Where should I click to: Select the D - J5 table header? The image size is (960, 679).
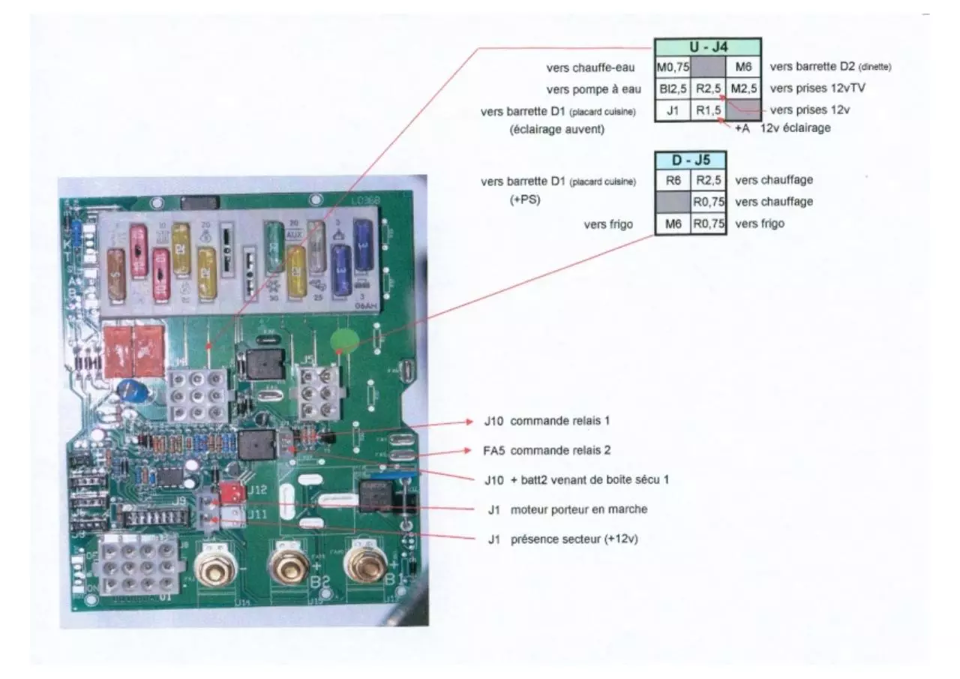click(689, 160)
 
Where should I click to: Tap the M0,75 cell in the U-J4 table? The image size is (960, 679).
click(672, 68)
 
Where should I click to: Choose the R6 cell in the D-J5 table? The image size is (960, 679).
click(672, 180)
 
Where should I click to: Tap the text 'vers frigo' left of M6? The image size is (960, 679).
click(610, 224)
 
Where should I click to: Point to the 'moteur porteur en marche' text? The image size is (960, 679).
click(578, 509)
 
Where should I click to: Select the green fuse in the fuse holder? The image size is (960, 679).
click(274, 244)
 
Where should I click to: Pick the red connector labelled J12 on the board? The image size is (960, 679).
click(233, 492)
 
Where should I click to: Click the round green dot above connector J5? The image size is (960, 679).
click(343, 341)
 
